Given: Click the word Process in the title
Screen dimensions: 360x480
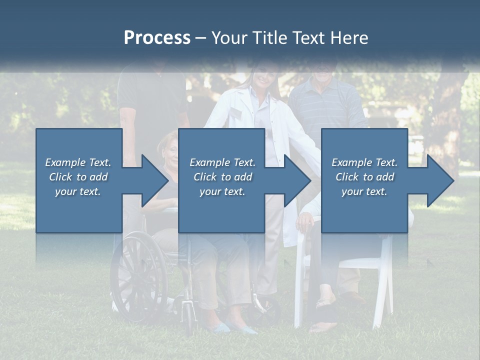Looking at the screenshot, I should pos(157,38).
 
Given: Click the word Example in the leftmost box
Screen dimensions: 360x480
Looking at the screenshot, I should pos(65,162).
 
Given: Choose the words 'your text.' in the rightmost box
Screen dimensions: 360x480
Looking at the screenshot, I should pos(364,191).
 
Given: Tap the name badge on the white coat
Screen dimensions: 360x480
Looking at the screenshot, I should pos(234,114).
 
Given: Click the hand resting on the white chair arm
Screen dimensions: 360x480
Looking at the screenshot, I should pos(304,220).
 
